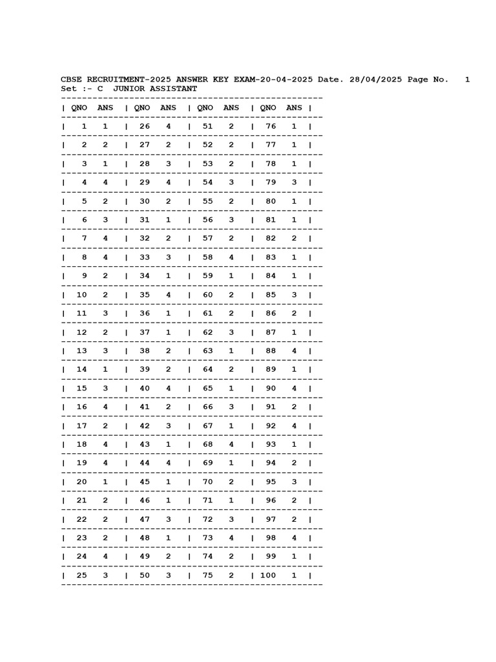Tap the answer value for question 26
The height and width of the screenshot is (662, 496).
(169, 126)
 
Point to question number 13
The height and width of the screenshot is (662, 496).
(81, 351)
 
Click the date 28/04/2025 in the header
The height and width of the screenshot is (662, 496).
(376, 80)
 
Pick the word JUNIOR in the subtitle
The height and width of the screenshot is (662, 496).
(127, 89)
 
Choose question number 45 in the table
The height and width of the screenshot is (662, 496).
(145, 482)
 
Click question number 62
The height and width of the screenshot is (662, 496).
(207, 332)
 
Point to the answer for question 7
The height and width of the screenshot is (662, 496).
(105, 239)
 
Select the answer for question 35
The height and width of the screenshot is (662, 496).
(169, 295)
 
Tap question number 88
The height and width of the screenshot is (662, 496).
(271, 351)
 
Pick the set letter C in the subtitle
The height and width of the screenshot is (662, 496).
(100, 89)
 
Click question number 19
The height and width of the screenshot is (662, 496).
(81, 464)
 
